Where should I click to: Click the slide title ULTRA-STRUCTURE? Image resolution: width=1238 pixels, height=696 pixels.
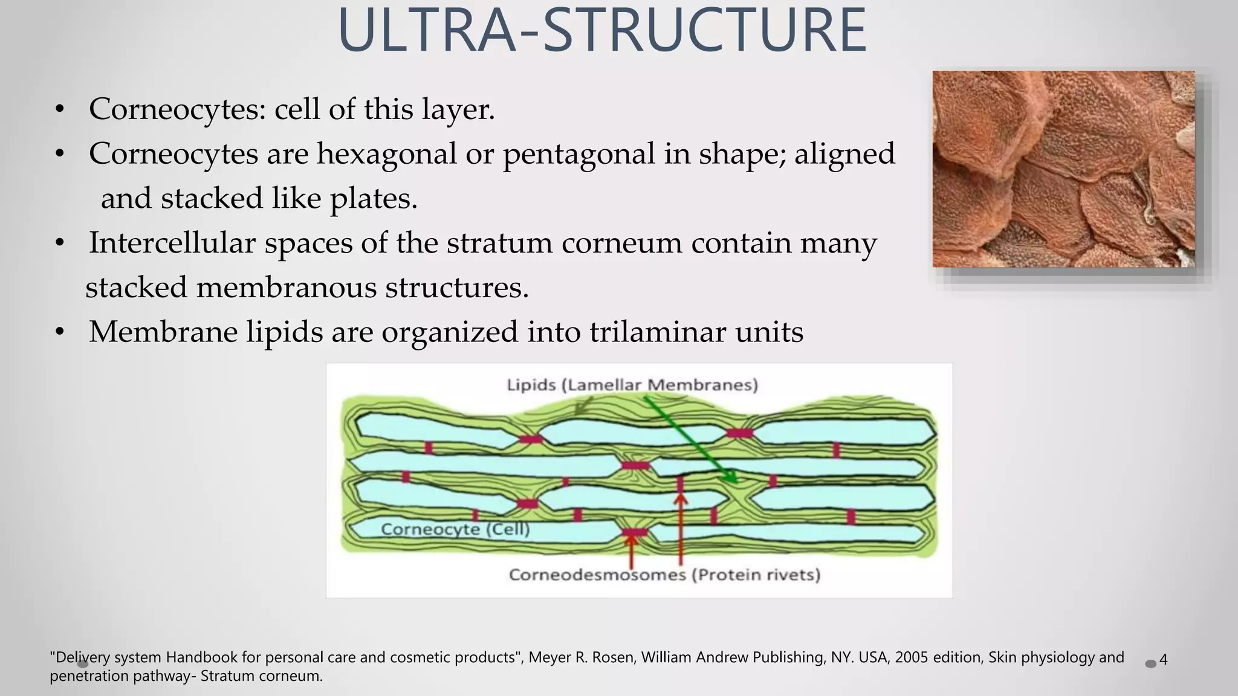(x=602, y=30)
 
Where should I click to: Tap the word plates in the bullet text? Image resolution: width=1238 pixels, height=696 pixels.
(x=372, y=199)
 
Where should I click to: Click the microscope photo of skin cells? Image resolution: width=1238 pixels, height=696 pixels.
(x=1063, y=169)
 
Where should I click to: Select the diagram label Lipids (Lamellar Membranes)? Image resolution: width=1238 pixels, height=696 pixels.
(x=632, y=385)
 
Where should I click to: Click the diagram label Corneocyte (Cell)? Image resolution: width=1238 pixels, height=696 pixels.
(x=455, y=529)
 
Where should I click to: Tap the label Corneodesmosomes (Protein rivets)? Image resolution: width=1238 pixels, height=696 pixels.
(x=664, y=574)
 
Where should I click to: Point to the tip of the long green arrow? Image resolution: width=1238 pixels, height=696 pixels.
(x=736, y=482)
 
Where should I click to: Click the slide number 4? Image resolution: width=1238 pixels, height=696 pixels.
(x=1163, y=660)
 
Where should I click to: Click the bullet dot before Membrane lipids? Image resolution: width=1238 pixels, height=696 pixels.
(x=59, y=332)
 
